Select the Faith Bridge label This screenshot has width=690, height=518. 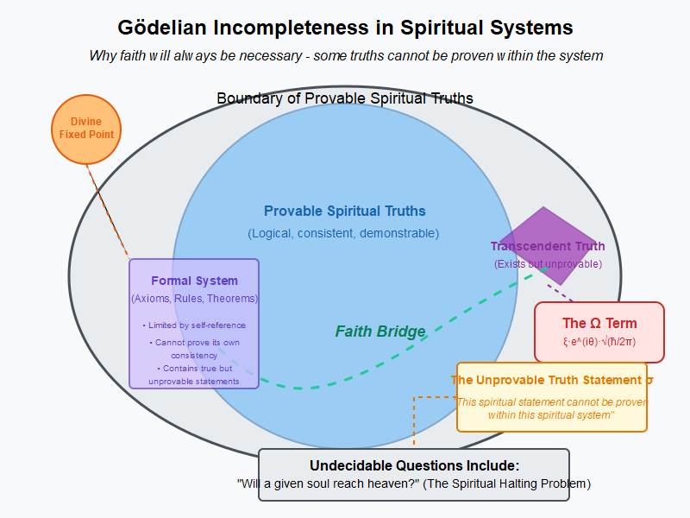tap(379, 332)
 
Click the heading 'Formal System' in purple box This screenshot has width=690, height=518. tap(194, 281)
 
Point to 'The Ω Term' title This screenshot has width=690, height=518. tap(599, 324)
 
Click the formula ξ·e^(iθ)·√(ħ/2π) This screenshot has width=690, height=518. tap(599, 341)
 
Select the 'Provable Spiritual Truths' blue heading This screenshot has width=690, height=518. tap(344, 212)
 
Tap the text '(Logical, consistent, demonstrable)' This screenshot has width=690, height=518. tap(343, 233)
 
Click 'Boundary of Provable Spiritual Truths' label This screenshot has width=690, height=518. tap(344, 98)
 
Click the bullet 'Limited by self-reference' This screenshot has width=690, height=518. tap(194, 325)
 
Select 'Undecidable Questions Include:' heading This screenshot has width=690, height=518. tap(414, 465)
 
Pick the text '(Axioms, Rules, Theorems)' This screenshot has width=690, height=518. tap(194, 299)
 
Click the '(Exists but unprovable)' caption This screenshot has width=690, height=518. tap(548, 264)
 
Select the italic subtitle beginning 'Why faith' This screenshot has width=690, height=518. tap(345, 55)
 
